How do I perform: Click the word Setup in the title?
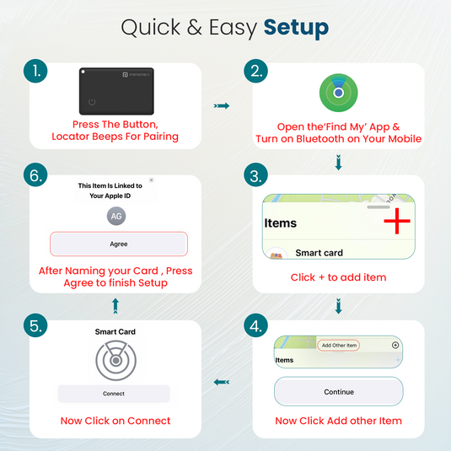point(296,27)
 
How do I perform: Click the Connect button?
point(114,394)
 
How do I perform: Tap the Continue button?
point(338,392)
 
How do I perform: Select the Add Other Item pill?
point(339,346)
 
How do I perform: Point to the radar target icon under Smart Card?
point(114,360)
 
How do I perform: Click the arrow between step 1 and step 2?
point(222,106)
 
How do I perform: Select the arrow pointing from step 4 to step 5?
point(222,382)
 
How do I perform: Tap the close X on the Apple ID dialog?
point(152,180)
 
